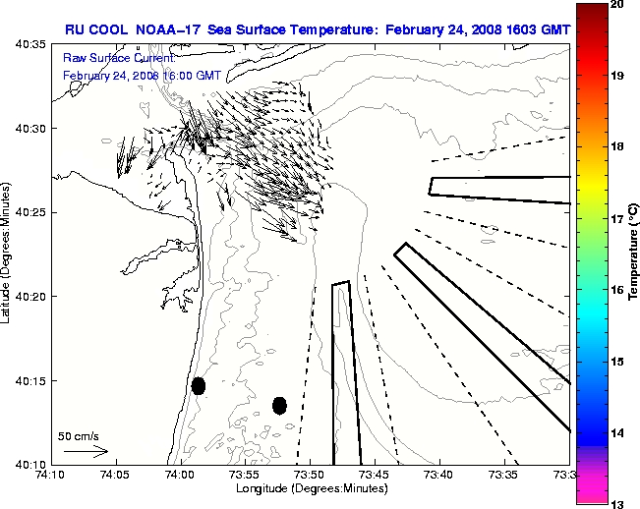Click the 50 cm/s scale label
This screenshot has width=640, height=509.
coord(79,435)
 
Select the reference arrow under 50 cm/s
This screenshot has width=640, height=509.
coord(86,451)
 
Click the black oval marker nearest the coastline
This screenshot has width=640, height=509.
coord(199,385)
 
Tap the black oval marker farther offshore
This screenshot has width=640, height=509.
coord(279,405)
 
